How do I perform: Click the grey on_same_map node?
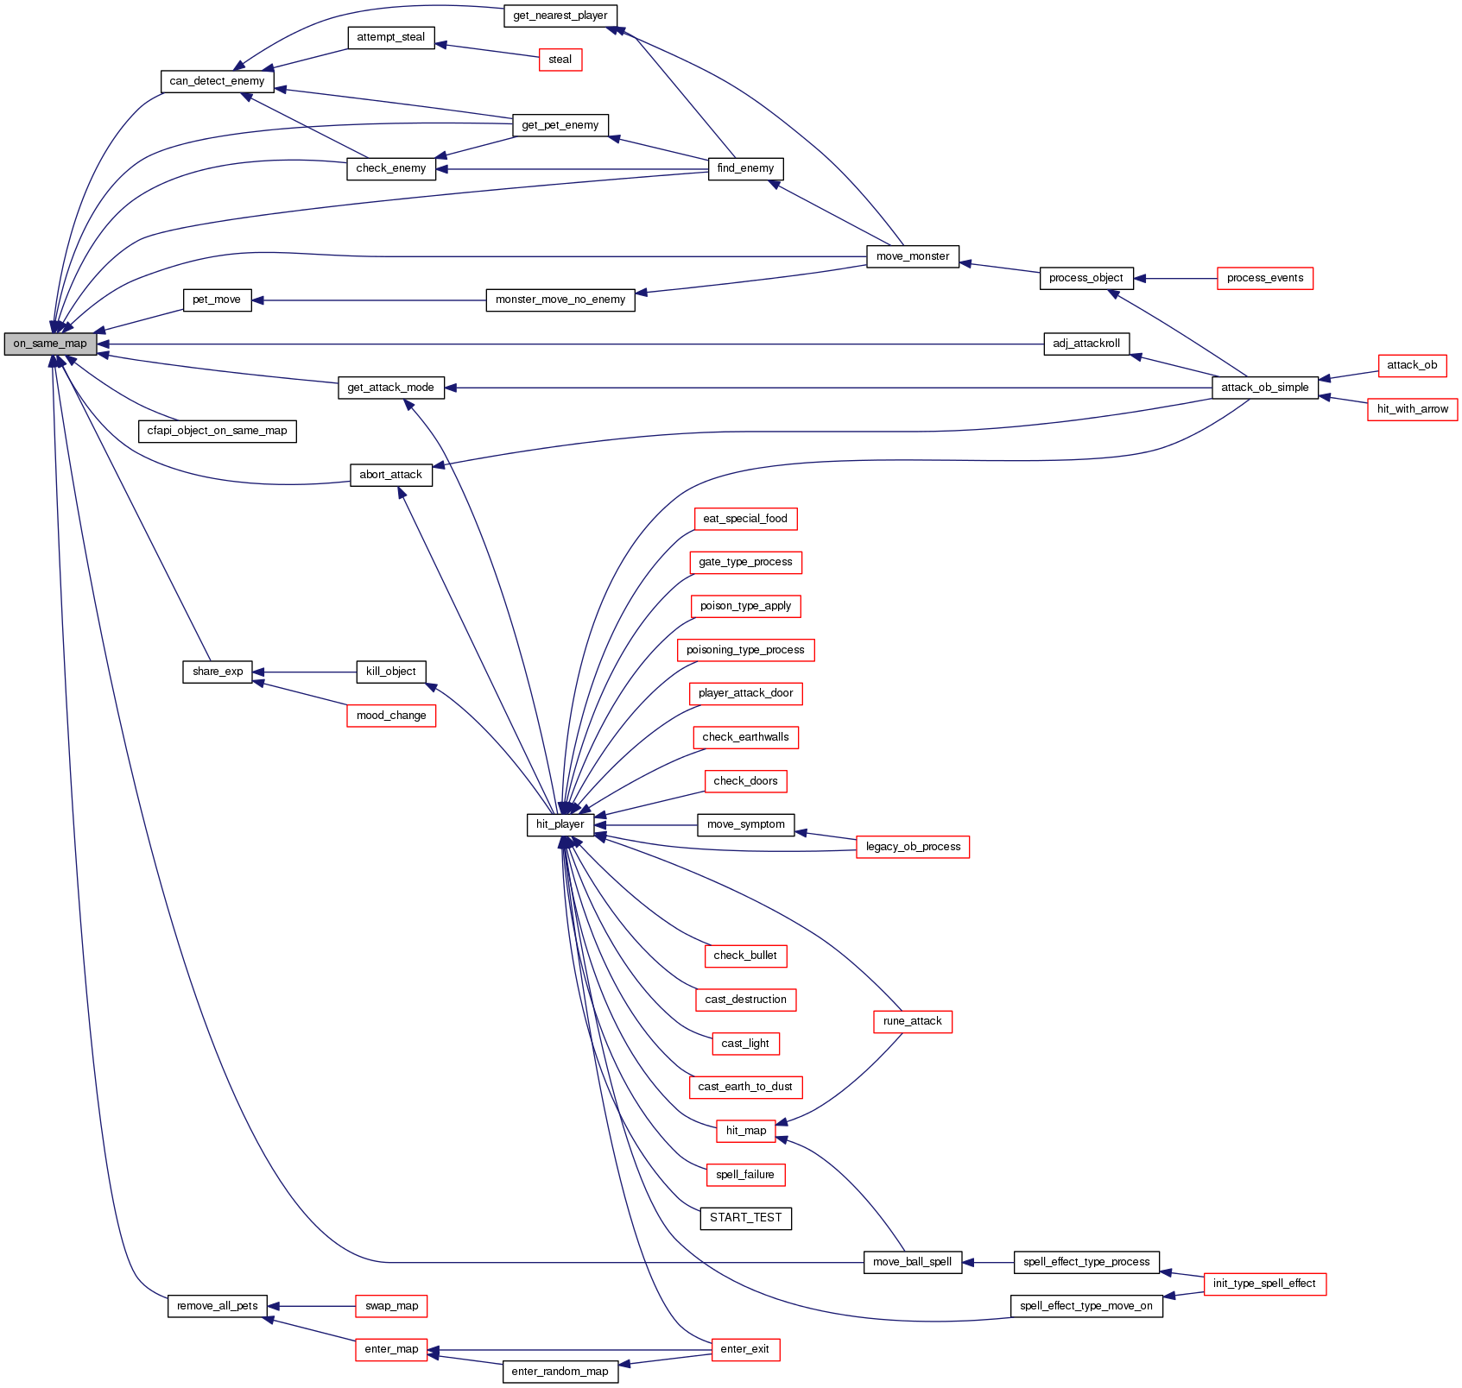tap(50, 344)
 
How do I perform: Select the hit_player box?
tap(560, 824)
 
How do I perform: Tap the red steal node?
tap(560, 60)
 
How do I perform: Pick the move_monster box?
tap(912, 256)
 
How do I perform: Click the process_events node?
tap(1264, 278)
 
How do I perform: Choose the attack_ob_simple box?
tap(1264, 388)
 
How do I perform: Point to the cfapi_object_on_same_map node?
tap(217, 431)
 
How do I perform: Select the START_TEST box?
tap(745, 1218)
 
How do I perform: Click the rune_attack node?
tap(912, 1021)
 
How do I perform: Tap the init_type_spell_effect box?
tap(1263, 1284)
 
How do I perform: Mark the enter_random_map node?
tap(560, 1372)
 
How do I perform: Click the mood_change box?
tap(391, 716)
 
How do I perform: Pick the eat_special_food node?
tap(745, 519)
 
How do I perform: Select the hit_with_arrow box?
tap(1412, 409)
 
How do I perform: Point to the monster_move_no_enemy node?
tap(560, 300)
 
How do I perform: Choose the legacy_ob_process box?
tap(912, 847)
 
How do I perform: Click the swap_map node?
tap(391, 1306)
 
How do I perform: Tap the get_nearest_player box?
tap(560, 16)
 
